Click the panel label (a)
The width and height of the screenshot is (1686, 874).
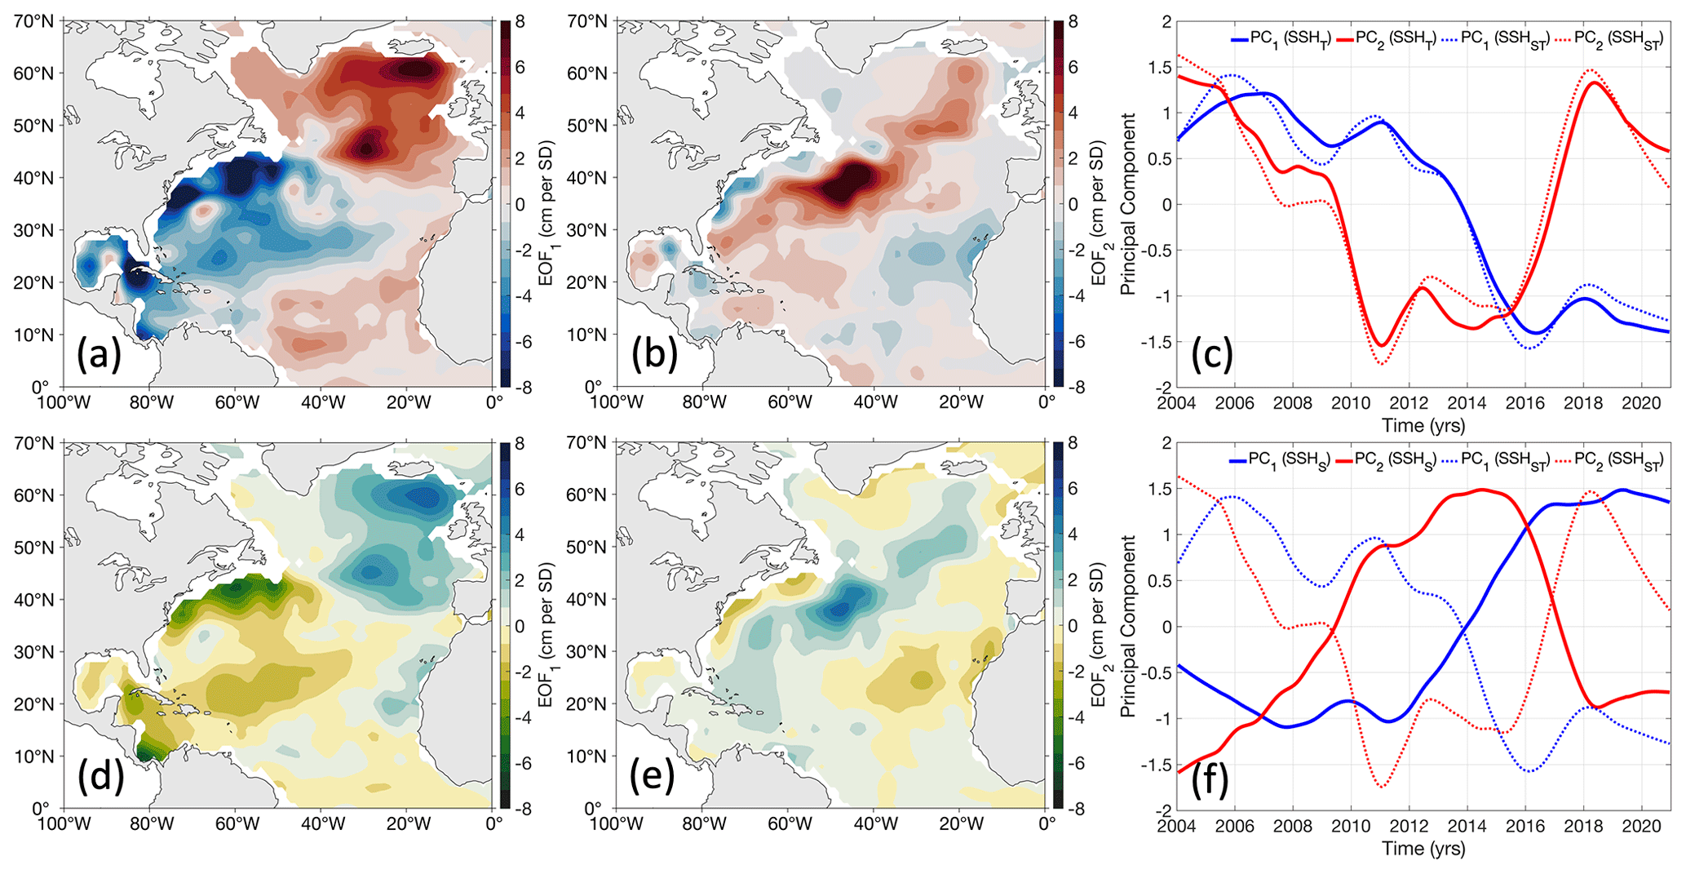[99, 355]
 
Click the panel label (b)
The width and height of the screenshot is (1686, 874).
[654, 355]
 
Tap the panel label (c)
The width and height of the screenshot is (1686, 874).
[1212, 355]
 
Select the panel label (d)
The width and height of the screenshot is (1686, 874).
[100, 778]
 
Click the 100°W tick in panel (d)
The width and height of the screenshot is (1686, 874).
[62, 824]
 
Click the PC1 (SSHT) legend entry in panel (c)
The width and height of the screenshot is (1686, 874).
[1281, 38]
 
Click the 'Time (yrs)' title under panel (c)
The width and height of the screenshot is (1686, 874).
[1423, 425]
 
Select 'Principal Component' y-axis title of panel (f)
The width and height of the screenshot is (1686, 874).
[1128, 626]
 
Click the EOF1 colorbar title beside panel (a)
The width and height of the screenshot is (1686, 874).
[546, 204]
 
